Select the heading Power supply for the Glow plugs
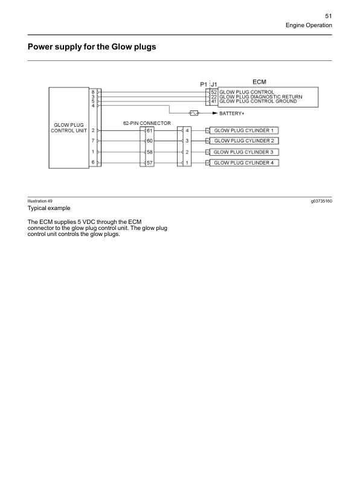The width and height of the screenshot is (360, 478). (x=92, y=46)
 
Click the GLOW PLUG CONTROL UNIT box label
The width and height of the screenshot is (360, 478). (x=67, y=127)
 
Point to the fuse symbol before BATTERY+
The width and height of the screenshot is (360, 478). (x=194, y=113)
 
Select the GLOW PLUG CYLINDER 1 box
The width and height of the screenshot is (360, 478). (x=244, y=130)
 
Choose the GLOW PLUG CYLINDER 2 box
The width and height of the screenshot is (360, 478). (x=244, y=141)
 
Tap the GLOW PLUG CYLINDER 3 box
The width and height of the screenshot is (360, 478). (x=244, y=152)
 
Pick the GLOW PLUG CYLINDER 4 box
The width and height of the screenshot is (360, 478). (x=244, y=163)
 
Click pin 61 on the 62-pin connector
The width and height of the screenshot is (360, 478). (x=150, y=130)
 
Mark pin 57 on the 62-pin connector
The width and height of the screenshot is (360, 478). (x=150, y=163)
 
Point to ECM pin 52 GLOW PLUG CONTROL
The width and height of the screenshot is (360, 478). (x=214, y=92)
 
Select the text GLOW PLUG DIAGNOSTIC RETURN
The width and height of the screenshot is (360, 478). (x=261, y=97)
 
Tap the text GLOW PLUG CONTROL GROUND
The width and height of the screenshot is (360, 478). (x=258, y=101)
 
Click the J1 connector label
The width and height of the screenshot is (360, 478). (x=214, y=84)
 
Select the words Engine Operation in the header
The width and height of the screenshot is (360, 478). (x=309, y=26)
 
